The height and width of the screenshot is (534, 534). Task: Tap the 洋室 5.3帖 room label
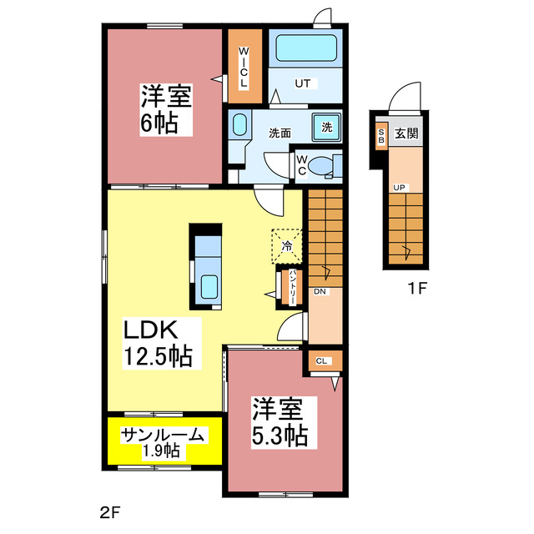(280, 422)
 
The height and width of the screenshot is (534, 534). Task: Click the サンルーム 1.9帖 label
(163, 442)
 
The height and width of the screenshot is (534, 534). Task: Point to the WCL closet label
(244, 67)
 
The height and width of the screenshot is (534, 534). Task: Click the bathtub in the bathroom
(305, 49)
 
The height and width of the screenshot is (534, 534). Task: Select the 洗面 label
(280, 133)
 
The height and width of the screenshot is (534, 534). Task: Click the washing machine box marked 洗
(326, 128)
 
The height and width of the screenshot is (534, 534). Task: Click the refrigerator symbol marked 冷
(286, 245)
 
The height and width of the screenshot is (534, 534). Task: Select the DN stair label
(320, 292)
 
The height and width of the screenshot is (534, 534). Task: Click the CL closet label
(322, 360)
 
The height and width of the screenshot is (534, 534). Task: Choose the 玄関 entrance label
(407, 133)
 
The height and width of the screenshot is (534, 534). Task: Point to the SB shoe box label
(381, 136)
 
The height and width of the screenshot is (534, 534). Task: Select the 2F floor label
(110, 511)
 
